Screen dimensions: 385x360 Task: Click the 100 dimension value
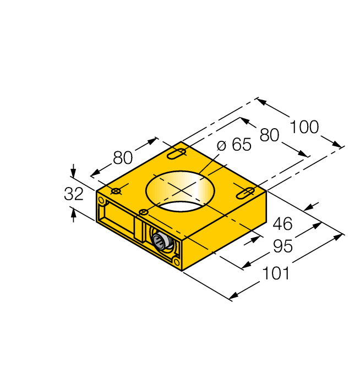(x=304, y=127)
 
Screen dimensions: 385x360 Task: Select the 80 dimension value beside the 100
(x=270, y=135)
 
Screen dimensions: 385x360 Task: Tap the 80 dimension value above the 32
(x=123, y=158)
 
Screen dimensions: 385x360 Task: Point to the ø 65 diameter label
(x=234, y=145)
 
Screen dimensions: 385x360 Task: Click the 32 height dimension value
(x=74, y=194)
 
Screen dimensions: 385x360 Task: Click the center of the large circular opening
(x=179, y=190)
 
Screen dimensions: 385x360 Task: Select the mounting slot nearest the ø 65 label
(x=176, y=153)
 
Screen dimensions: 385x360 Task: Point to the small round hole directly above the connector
(x=143, y=212)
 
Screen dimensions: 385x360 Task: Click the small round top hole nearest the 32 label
(x=116, y=191)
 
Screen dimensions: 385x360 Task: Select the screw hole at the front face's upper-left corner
(x=101, y=200)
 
